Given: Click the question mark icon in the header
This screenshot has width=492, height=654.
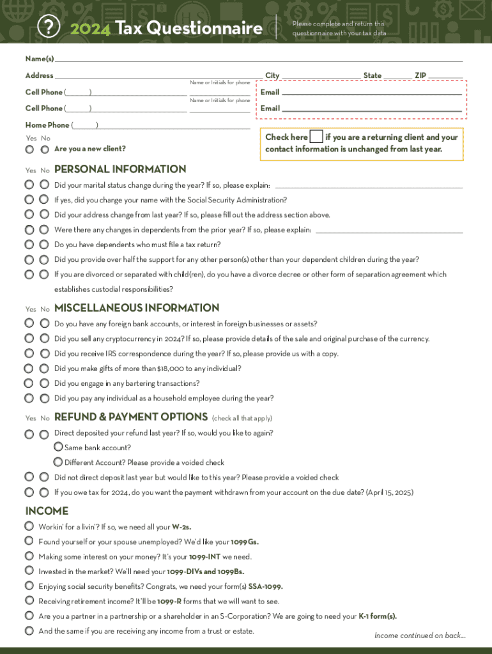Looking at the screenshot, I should point(49,27).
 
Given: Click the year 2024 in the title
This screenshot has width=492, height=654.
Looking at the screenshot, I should point(90,29).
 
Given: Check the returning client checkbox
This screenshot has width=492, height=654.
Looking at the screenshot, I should point(316,137).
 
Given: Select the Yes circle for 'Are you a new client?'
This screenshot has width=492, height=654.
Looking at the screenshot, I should point(29,149).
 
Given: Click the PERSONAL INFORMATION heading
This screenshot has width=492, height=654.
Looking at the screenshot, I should point(120,169).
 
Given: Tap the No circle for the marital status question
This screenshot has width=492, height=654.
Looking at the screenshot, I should point(44,185).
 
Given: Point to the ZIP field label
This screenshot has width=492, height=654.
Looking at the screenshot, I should point(420,75).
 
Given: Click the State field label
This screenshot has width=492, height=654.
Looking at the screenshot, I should point(373,75).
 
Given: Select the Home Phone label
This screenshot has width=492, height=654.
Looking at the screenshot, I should point(47,125).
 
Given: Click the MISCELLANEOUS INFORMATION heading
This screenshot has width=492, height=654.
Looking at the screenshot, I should point(137,308).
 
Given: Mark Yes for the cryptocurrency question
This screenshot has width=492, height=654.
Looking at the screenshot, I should point(29,338).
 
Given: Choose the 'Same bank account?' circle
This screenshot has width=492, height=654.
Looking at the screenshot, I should point(58,447).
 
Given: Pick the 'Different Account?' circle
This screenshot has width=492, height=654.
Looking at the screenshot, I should point(58,462).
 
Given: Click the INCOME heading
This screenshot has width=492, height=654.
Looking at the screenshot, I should point(47,511).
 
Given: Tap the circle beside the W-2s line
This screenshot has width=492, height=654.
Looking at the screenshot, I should point(29,526).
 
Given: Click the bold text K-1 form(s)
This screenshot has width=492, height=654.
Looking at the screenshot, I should point(378,616).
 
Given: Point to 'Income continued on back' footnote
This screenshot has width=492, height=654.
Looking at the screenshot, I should point(420,635).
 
